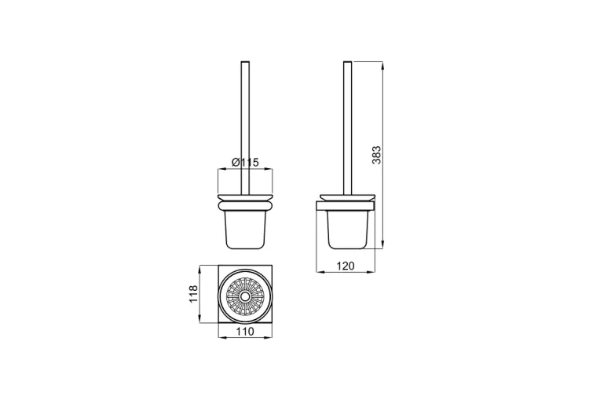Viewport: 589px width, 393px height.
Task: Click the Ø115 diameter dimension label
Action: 245,163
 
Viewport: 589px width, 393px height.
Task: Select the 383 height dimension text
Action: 376,155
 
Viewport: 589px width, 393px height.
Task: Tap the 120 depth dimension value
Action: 345,266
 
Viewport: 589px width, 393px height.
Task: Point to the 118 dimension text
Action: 192,294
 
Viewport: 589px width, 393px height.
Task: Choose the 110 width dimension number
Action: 245,332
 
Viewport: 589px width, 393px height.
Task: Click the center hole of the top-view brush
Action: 245,297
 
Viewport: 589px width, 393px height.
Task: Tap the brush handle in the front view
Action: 245,128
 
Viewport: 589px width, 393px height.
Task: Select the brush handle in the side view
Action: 347,128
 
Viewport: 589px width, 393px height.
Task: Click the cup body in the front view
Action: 245,230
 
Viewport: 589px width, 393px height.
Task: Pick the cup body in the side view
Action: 347,230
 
